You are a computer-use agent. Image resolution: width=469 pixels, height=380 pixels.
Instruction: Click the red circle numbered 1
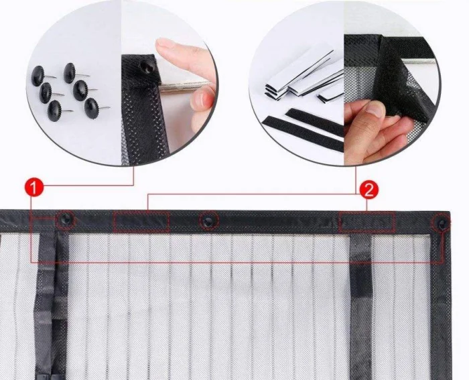point(33,188)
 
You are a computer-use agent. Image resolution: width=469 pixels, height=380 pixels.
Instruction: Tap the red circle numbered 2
point(368,190)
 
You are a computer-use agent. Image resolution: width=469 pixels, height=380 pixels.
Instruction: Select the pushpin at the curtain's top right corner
point(442,223)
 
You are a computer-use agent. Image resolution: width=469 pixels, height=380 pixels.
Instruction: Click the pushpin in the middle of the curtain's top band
point(208,220)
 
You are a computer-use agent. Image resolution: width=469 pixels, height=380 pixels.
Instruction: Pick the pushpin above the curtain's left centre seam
point(65,219)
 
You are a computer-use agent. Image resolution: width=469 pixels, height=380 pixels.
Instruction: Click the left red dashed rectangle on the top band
point(141,221)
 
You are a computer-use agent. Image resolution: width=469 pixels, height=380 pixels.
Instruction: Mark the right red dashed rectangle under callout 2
point(366,222)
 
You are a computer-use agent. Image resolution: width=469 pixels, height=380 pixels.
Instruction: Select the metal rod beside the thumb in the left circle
point(185,85)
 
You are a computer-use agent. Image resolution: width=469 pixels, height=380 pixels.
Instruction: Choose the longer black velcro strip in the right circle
point(302,133)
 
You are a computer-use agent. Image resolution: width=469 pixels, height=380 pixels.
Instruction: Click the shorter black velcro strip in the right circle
point(315,122)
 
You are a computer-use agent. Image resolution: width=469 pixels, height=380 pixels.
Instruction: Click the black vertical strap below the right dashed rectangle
point(361,305)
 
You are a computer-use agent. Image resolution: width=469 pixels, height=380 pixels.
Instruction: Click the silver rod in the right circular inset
point(418,62)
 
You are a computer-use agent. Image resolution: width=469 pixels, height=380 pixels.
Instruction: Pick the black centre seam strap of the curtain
point(51,305)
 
